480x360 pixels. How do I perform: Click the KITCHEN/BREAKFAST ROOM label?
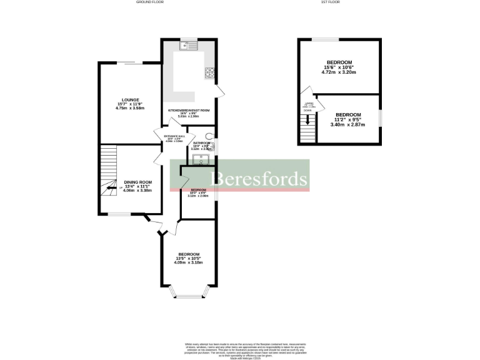click(x=188, y=110)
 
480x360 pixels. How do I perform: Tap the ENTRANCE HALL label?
click(x=174, y=136)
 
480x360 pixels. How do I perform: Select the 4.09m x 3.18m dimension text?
click(x=188, y=262)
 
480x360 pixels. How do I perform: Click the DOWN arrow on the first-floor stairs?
click(x=307, y=119)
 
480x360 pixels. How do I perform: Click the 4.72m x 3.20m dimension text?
click(x=338, y=72)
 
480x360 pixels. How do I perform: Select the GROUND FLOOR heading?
click(x=150, y=2)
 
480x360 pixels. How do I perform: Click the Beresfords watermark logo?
click(x=261, y=179)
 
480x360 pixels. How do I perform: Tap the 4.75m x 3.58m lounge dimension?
click(x=131, y=109)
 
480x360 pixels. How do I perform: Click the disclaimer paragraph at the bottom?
click(x=239, y=351)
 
